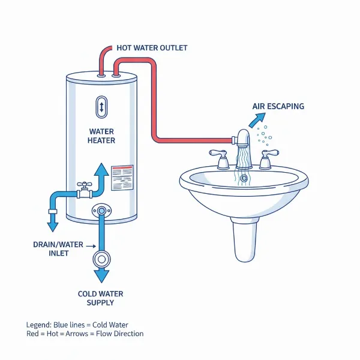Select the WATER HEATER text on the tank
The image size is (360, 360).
tap(102, 136)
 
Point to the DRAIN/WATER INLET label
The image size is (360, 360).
tap(59, 249)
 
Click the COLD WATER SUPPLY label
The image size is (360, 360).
tap(101, 298)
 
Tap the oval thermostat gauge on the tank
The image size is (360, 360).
tap(102, 107)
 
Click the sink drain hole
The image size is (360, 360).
tap(244, 178)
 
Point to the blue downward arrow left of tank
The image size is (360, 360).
tap(53, 224)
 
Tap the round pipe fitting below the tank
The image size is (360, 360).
tap(102, 259)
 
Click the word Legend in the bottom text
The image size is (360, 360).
tap(39, 323)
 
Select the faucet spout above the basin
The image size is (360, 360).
tap(242, 139)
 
